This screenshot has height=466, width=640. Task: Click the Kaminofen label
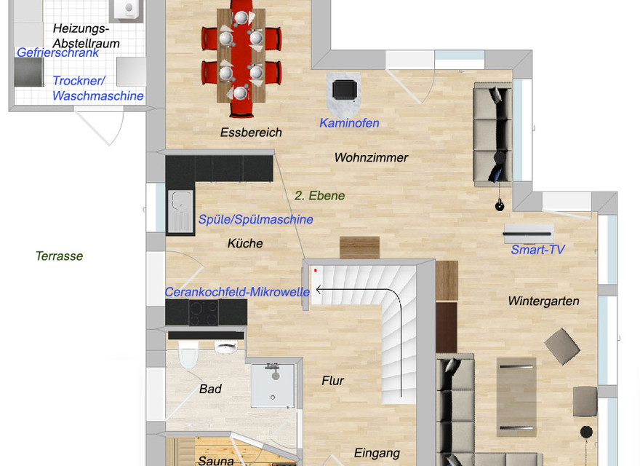[x=349, y=122]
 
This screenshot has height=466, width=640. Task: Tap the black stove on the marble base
[x=345, y=90]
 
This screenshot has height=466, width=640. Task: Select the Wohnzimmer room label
[x=371, y=157]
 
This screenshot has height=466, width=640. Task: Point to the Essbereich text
[x=251, y=133]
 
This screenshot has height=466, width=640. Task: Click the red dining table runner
[x=241, y=58]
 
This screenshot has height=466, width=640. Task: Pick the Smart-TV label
[x=537, y=249]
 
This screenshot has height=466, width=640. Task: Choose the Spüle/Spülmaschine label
[x=255, y=219]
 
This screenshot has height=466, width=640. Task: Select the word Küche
[x=245, y=243]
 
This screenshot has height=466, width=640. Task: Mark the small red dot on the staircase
[x=315, y=270]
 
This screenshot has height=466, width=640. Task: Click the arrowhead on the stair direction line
[x=319, y=290]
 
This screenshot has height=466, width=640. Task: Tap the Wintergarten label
[x=543, y=301]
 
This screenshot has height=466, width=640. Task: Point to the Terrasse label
[x=59, y=256]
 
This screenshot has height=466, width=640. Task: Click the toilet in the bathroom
[x=188, y=354]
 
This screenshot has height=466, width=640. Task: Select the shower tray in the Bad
[x=273, y=385]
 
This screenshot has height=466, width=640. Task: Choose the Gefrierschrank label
[x=57, y=52]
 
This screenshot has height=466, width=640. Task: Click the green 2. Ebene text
[x=319, y=195]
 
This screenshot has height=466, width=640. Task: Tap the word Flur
[x=332, y=381]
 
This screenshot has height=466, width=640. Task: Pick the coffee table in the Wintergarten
[x=516, y=398]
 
